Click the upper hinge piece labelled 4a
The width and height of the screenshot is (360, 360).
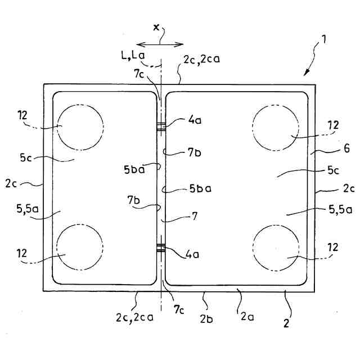click(161, 127)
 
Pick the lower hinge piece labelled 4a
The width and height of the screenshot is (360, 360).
click(161, 247)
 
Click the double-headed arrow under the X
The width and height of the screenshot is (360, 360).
click(160, 43)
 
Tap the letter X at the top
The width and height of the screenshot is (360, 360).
click(156, 27)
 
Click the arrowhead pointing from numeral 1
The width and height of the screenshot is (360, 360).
click(307, 73)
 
